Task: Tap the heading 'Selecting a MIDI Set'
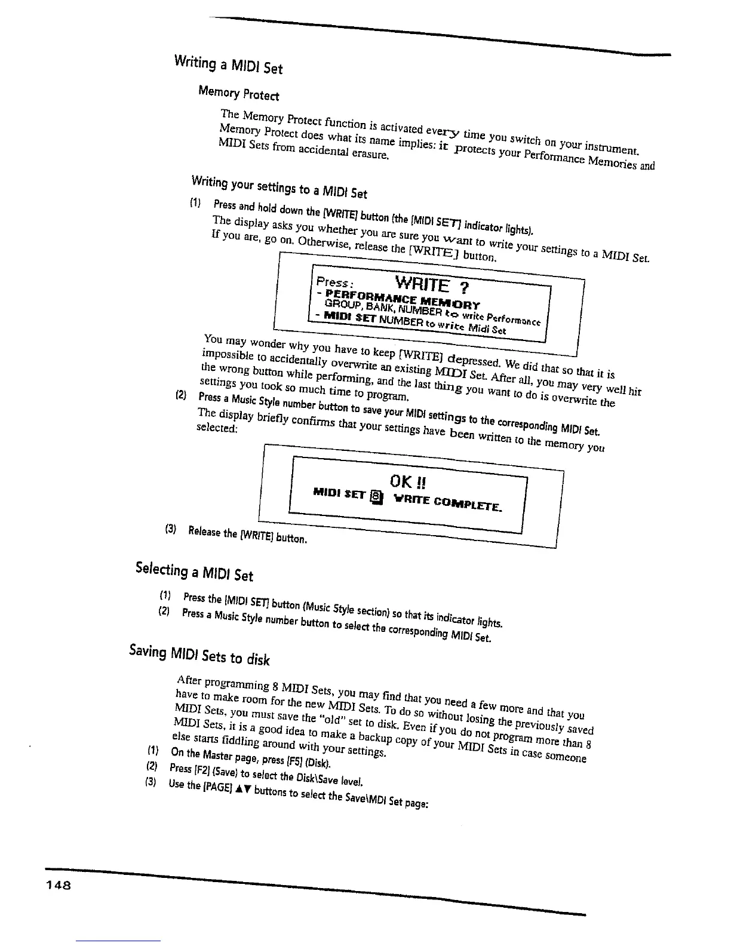(195, 569)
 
